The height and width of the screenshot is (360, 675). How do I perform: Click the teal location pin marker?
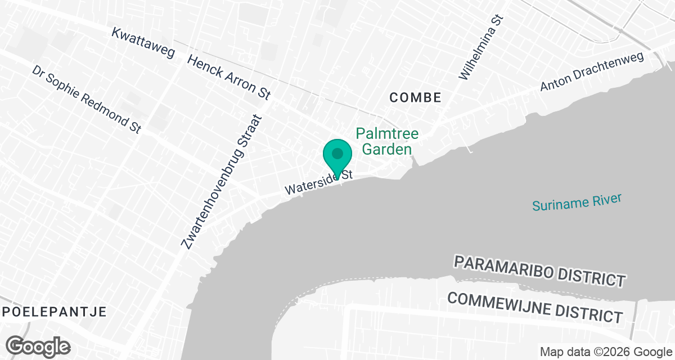pyautogui.click(x=337, y=155)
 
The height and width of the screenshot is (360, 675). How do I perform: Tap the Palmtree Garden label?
pyautogui.click(x=387, y=141)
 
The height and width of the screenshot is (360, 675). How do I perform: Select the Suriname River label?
pyautogui.click(x=577, y=202)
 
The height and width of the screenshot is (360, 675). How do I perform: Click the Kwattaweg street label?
pyautogui.click(x=143, y=42)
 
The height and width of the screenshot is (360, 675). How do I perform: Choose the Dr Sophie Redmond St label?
pyautogui.click(x=86, y=99)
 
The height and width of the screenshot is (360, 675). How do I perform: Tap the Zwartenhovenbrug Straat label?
pyautogui.click(x=223, y=182)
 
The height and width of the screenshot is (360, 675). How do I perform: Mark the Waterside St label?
pyautogui.click(x=318, y=182)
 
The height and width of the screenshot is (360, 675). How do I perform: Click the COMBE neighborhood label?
pyautogui.click(x=416, y=97)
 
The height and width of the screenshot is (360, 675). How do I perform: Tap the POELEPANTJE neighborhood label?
pyautogui.click(x=53, y=312)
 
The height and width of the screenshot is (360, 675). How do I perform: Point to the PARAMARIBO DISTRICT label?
pyautogui.click(x=539, y=270)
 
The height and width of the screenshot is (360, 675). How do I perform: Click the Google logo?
pyautogui.click(x=38, y=346)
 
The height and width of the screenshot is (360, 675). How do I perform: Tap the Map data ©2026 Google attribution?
pyautogui.click(x=605, y=352)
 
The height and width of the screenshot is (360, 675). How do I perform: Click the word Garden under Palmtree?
pyautogui.click(x=387, y=149)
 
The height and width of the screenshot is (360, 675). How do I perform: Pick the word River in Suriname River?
pyautogui.click(x=606, y=200)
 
